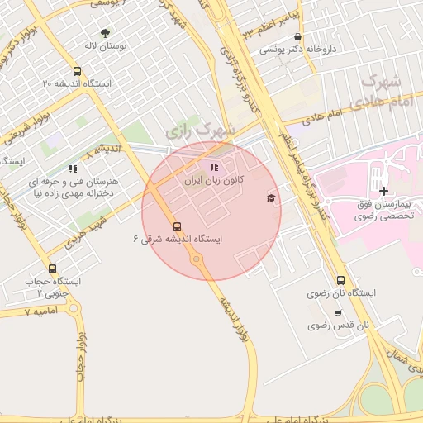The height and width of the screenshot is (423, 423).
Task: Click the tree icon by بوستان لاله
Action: (105, 33)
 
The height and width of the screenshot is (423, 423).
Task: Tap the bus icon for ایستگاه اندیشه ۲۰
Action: (77, 71)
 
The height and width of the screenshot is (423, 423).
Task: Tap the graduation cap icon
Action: (271, 197)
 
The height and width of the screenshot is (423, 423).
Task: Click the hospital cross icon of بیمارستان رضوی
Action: (384, 192)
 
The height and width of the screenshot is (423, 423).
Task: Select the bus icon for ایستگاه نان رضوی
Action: (341, 279)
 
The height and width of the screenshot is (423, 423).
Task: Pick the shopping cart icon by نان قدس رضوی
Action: (337, 312)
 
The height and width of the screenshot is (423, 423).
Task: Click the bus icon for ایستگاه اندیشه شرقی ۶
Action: (177, 226)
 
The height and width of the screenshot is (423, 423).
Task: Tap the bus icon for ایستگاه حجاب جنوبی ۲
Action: (53, 269)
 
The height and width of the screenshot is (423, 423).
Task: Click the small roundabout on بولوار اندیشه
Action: (197, 259)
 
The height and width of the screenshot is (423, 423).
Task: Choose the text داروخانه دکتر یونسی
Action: (297, 50)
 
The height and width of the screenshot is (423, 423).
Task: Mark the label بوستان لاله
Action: (105, 47)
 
